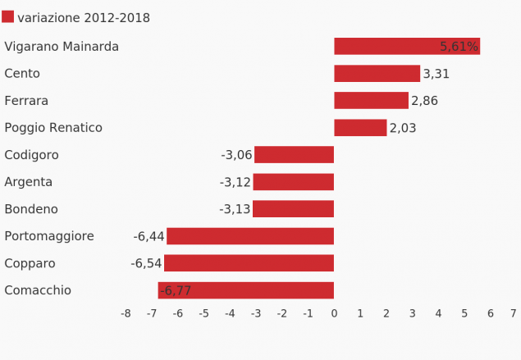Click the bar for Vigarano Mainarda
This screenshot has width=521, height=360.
pyautogui.click(x=406, y=47)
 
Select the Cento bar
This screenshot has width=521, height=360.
pyautogui.click(x=377, y=74)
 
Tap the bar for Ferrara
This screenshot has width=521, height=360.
pyautogui.click(x=371, y=101)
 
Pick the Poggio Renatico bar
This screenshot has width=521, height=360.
pyautogui.click(x=360, y=128)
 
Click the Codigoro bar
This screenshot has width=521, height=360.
pyautogui.click(x=294, y=155)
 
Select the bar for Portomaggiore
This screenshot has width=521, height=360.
pyautogui.click(x=250, y=236)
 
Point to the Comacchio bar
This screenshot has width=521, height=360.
pyautogui.click(x=246, y=290)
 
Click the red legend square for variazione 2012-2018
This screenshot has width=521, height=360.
pyautogui.click(x=8, y=17)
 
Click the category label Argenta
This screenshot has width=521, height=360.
pyautogui.click(x=28, y=182)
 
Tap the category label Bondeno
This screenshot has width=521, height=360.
pyautogui.click(x=31, y=209)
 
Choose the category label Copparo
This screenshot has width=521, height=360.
pyautogui.click(x=30, y=263)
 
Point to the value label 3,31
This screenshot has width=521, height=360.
pyautogui.click(x=436, y=74)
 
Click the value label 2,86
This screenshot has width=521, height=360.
pyautogui.click(x=424, y=101)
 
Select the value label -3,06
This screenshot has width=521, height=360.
pyautogui.click(x=236, y=155)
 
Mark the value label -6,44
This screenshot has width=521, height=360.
pyautogui.click(x=149, y=236)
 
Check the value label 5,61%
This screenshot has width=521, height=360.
pyautogui.click(x=459, y=47)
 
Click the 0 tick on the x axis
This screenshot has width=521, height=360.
pyautogui.click(x=334, y=313)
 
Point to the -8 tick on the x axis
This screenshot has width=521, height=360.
pyautogui.click(x=126, y=313)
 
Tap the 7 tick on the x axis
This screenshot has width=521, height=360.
pyautogui.click(x=514, y=313)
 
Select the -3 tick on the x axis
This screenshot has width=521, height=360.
pyautogui.click(x=255, y=313)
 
